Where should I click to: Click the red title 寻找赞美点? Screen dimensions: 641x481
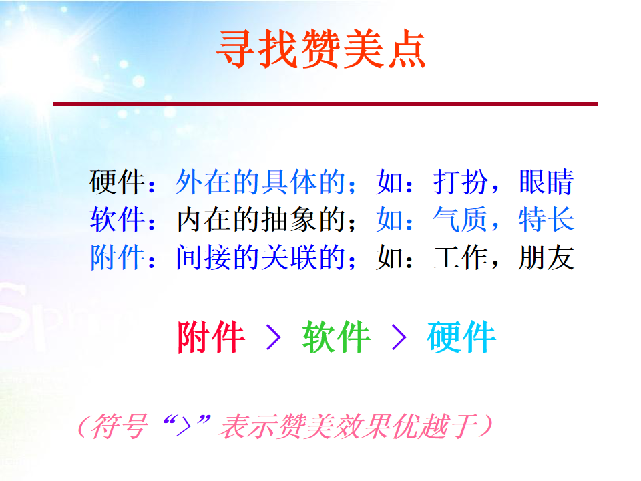coord(321,49)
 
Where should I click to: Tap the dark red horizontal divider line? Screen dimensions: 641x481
coord(325,104)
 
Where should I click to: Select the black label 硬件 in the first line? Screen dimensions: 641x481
coord(117,182)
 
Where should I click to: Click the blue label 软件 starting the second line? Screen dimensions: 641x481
coord(117,220)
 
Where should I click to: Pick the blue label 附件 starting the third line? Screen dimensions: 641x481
coord(117,257)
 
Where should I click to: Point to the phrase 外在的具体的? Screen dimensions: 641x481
coord(260,182)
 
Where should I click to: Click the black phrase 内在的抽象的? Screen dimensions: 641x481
coord(260,220)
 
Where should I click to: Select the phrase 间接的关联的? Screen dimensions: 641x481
coord(260,257)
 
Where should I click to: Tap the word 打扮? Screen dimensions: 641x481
coord(461,182)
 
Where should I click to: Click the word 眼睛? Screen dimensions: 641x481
coord(546,182)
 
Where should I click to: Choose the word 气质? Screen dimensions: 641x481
coord(461,220)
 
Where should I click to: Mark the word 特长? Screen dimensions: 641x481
coord(546,220)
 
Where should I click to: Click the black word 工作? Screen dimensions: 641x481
coord(461,257)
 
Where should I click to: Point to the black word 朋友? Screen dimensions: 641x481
coord(546,257)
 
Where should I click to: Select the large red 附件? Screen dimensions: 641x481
coord(211,337)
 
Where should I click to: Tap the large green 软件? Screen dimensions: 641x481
coord(336,337)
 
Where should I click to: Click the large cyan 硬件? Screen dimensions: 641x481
coord(461,337)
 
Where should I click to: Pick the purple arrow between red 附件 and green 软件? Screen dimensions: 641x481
coord(274,337)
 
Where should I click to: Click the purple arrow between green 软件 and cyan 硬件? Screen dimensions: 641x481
coord(399,337)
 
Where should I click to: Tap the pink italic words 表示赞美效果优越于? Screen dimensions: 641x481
coord(349,426)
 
